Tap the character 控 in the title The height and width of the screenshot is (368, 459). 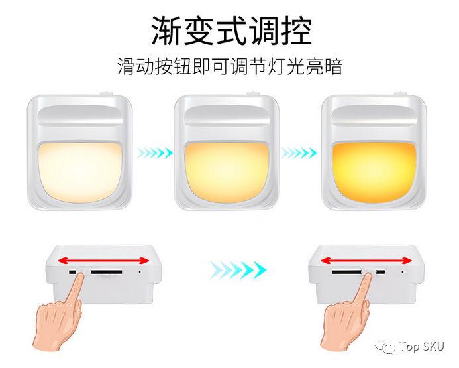[x=296, y=31]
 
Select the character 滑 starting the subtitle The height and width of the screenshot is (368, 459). [x=126, y=66]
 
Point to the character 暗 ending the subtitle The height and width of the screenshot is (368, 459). [x=333, y=66]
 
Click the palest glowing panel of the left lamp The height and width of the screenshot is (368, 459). [x=79, y=172]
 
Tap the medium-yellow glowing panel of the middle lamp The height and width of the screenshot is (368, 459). [x=227, y=172]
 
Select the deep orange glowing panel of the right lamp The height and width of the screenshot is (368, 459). [x=374, y=172]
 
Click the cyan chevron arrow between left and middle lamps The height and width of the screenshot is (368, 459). [x=155, y=153]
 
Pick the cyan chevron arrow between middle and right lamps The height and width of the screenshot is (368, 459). [x=299, y=153]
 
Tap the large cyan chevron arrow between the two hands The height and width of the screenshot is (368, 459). [x=238, y=270]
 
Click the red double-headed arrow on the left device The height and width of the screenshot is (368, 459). [x=103, y=260]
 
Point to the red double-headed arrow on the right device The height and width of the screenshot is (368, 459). [x=366, y=260]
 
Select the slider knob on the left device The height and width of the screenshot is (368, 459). [x=83, y=273]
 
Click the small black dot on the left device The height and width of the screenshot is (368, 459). [x=139, y=272]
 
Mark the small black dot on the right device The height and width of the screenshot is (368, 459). [x=402, y=272]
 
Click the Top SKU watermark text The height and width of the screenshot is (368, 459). [x=421, y=347]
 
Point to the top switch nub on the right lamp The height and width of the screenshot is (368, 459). [x=401, y=93]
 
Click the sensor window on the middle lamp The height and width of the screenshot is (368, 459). [x=227, y=116]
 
